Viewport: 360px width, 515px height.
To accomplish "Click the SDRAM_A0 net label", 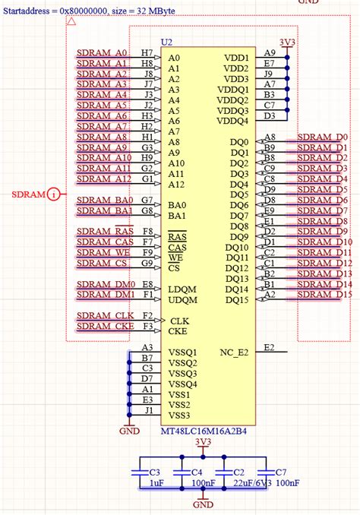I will click(x=102, y=54).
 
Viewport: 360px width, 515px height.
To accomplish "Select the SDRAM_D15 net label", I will click(x=324, y=294).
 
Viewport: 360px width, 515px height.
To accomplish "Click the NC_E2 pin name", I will click(x=234, y=352).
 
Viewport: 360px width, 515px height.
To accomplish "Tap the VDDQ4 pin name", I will click(x=232, y=121).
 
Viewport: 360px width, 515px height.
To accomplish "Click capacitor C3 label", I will click(x=154, y=472).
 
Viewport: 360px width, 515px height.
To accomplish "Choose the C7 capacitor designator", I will click(x=281, y=472).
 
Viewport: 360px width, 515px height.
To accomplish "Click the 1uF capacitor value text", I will click(x=156, y=483).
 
